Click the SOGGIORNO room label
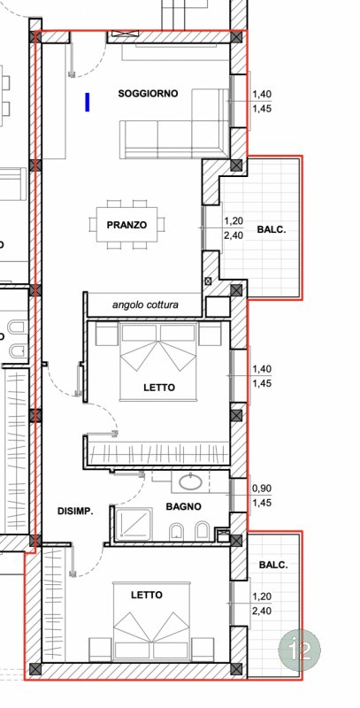point(148,94)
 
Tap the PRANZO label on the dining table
point(126,225)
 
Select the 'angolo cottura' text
point(145,304)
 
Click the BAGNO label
point(184,506)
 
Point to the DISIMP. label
point(75,512)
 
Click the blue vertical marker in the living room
point(88,102)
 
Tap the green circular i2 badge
point(299,650)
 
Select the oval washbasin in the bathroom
point(191,482)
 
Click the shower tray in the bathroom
point(133,524)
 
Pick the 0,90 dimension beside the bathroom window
point(262,489)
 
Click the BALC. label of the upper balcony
point(272,229)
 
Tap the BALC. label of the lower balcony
point(273,565)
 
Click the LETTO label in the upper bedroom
point(159,388)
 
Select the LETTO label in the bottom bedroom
point(147,595)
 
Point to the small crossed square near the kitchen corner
point(208,281)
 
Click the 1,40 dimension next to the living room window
point(262,95)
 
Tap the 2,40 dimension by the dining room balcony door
point(234,235)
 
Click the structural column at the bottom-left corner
point(35,669)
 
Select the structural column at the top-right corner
point(236,37)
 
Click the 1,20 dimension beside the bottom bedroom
point(262,596)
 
